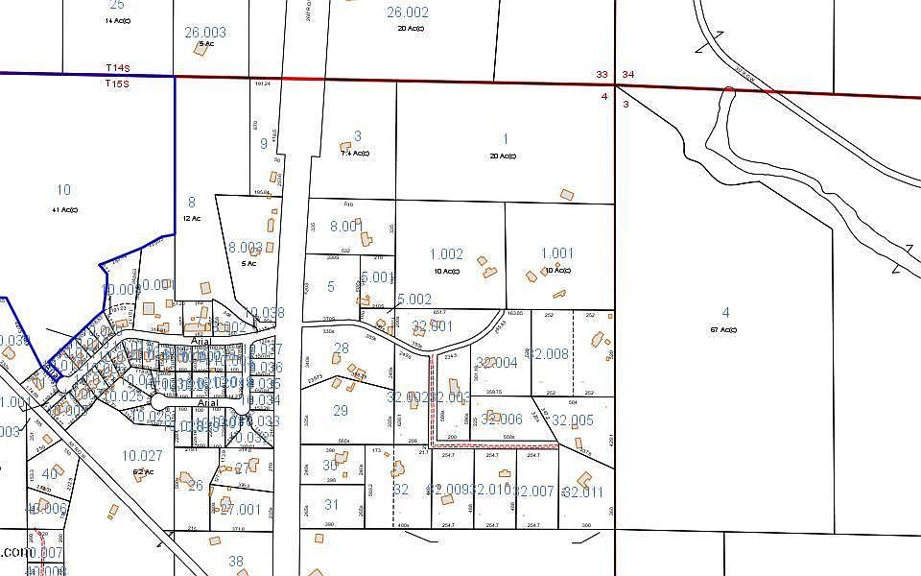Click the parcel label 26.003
click(x=204, y=33)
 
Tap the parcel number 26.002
click(x=408, y=12)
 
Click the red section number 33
click(x=602, y=74)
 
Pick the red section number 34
click(x=627, y=74)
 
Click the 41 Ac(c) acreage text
click(x=64, y=209)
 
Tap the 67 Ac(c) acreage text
click(x=725, y=330)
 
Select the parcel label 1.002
click(x=446, y=254)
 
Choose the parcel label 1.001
click(x=556, y=253)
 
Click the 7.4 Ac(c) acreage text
click(x=355, y=153)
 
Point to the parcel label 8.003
click(x=246, y=247)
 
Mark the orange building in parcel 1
click(x=567, y=195)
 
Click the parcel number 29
click(x=340, y=411)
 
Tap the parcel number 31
click(x=331, y=504)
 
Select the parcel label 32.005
click(x=574, y=420)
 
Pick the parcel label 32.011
click(x=583, y=492)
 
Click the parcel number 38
click(x=236, y=562)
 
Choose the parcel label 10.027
click(x=142, y=456)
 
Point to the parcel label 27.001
click(x=240, y=509)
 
